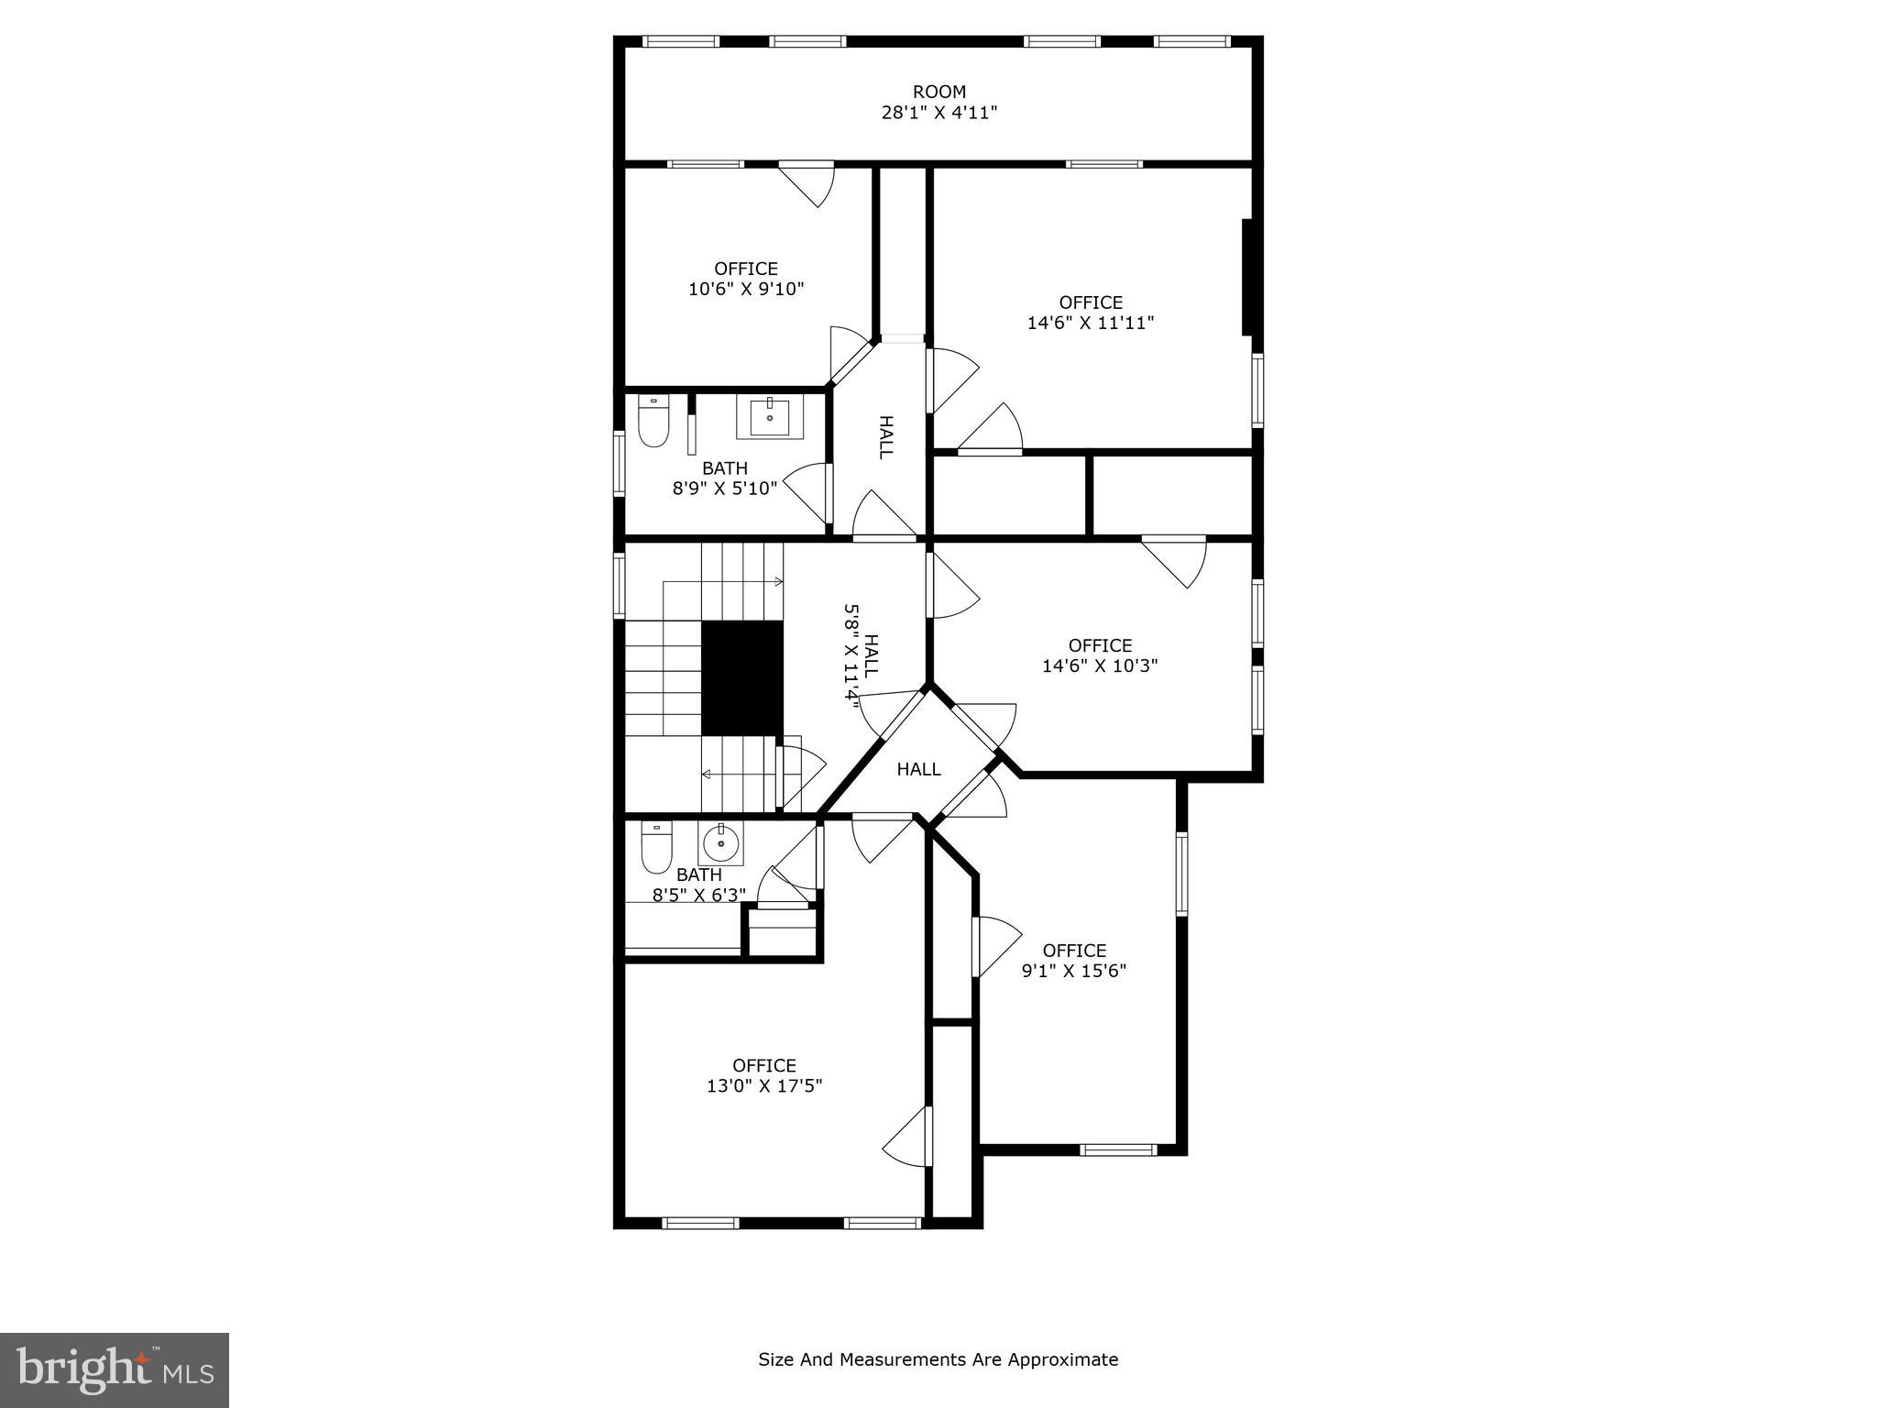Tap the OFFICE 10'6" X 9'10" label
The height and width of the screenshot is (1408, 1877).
click(746, 279)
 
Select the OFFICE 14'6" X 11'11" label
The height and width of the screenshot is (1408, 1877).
click(1090, 313)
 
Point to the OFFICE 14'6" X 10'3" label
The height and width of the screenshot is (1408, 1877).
click(1100, 655)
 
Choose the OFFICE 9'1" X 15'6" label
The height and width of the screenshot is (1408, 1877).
click(1073, 961)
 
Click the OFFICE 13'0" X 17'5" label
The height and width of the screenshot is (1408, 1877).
click(763, 1075)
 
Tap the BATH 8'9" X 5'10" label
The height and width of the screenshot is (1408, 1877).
click(724, 478)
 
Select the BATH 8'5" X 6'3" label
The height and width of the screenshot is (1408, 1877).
click(698, 885)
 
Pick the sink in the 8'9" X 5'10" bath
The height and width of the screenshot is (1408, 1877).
click(769, 418)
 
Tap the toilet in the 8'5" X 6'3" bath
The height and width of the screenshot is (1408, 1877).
click(655, 848)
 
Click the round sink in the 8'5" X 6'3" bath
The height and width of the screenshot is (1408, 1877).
click(721, 841)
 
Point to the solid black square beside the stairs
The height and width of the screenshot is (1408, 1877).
click(742, 677)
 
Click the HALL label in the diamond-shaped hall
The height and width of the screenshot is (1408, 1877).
click(918, 769)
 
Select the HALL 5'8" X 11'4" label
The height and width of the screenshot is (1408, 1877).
click(862, 653)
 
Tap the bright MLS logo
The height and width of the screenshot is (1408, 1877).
click(115, 1369)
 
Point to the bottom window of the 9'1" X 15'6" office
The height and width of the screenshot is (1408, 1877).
click(1118, 1149)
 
